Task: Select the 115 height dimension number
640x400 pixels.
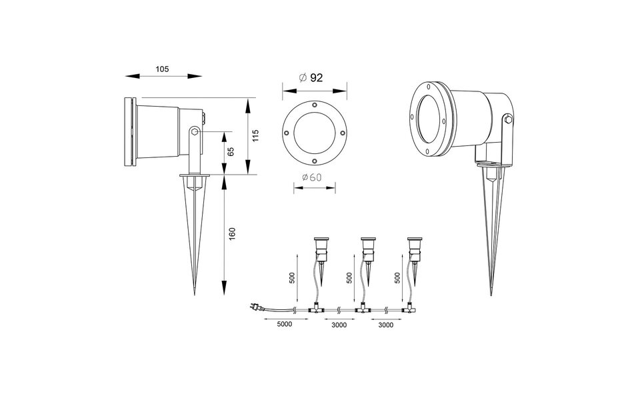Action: (255, 135)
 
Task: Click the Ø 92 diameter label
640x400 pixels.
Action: (311, 78)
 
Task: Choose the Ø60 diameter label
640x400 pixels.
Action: (312, 177)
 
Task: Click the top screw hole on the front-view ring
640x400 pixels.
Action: (313, 104)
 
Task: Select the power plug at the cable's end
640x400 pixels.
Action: (254, 307)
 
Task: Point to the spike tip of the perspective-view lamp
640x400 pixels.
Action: (493, 294)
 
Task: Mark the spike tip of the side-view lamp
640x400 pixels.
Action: (193, 294)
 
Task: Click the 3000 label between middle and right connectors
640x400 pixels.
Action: (384, 326)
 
